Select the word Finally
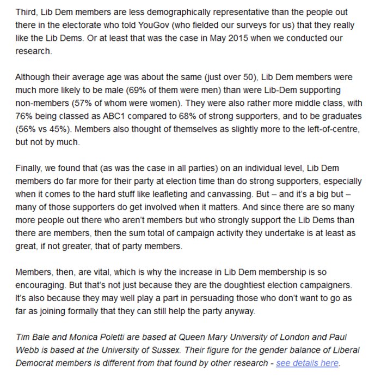pyautogui.click(x=30, y=169)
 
